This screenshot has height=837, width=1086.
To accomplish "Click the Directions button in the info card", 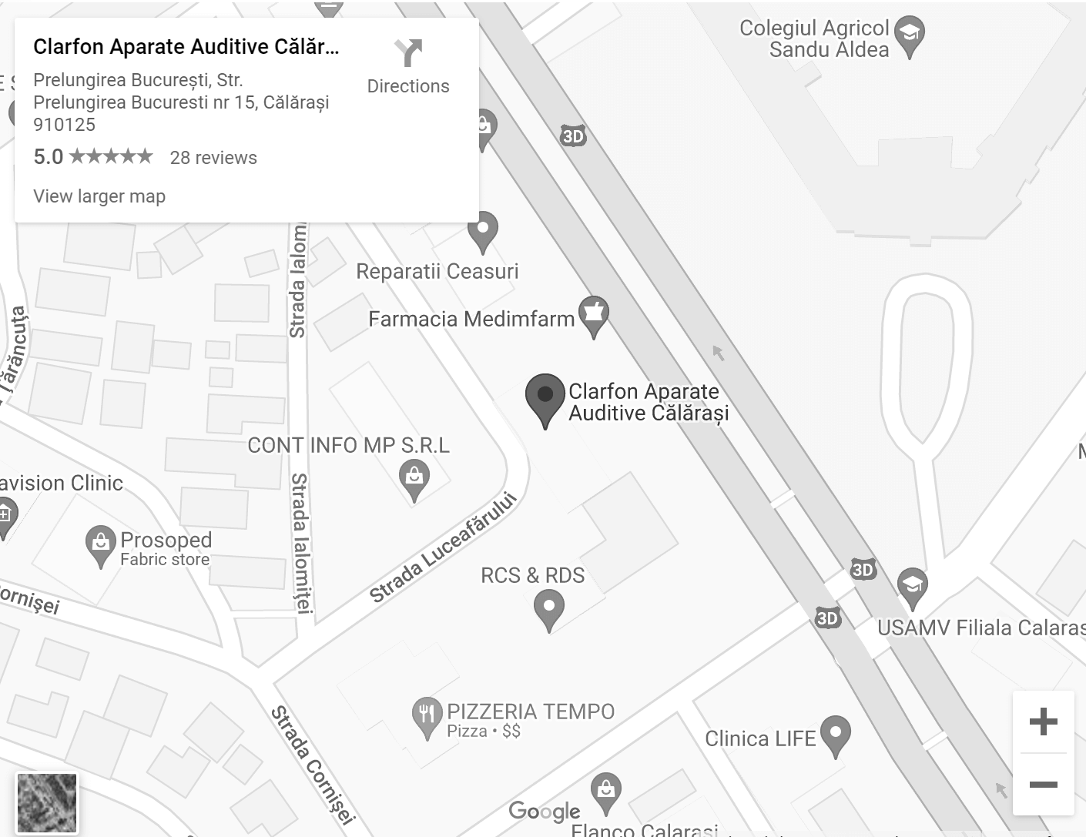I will coord(407,66).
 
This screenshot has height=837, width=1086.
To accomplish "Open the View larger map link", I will coord(99,196).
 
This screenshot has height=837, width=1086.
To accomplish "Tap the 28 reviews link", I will coord(213,158).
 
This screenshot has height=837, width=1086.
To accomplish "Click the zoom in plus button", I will coord(1043,721).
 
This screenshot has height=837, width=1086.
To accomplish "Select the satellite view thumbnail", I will coord(47,803).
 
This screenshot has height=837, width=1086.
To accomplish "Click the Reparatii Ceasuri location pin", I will coord(483,230).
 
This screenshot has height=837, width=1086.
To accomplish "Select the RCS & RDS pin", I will coord(548,608).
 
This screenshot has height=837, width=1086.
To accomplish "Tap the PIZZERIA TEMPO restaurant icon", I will coord(427,716).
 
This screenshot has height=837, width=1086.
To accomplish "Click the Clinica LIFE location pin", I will coord(835,735).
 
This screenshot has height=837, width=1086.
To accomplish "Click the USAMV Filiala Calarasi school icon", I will coord(912,587).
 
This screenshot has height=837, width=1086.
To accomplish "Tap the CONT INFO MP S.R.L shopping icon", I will coord(414,478).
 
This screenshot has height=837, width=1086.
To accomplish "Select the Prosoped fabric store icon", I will coord(101,544).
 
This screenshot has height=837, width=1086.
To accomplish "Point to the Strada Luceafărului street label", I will coord(442,548).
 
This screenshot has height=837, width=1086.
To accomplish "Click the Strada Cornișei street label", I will coord(313,765).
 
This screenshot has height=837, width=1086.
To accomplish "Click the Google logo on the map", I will coord(545,811).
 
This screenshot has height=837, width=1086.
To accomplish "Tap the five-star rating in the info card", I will coord(112,157).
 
